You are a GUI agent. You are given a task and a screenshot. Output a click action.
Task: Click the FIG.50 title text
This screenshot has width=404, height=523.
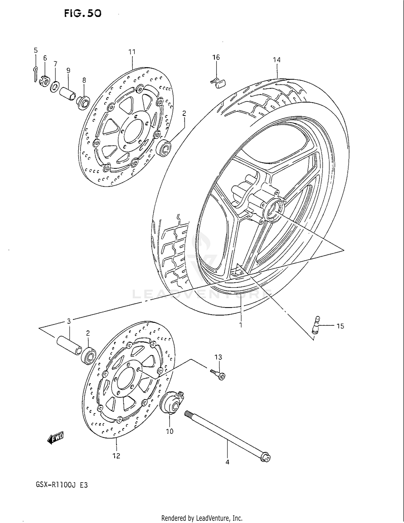[x=83, y=13]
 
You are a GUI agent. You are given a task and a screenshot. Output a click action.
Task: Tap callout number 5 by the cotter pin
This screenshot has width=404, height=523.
[x=36, y=50]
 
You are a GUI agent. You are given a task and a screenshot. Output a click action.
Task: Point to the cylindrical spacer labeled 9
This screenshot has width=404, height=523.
[x=68, y=93]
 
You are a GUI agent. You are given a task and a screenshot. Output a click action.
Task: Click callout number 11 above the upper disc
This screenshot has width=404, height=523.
[x=132, y=52]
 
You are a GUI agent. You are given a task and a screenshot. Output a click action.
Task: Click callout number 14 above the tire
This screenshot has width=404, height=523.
[x=277, y=60]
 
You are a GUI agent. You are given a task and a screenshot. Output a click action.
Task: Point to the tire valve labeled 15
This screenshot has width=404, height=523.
[x=316, y=325]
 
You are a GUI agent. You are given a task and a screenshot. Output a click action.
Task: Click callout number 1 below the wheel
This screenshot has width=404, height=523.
[x=241, y=325]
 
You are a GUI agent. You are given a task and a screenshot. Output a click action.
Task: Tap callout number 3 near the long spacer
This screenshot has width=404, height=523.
[x=69, y=321]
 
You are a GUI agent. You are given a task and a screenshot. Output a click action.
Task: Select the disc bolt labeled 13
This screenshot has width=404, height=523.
[x=219, y=375]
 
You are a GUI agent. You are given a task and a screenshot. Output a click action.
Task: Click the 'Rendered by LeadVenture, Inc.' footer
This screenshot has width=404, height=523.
[x=202, y=518]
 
